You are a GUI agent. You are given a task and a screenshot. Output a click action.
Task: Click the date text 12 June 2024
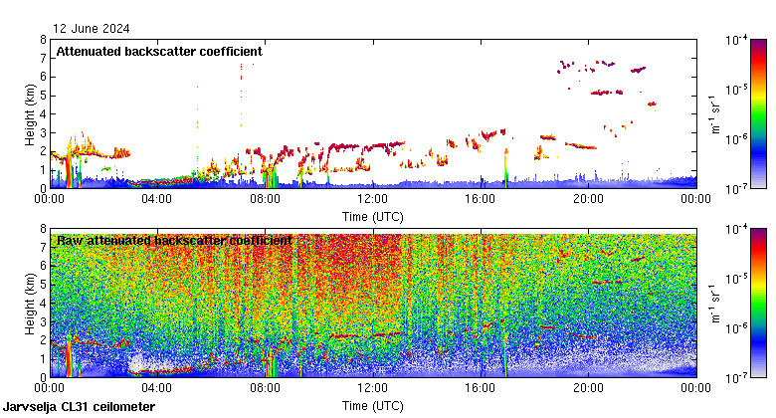[92, 28]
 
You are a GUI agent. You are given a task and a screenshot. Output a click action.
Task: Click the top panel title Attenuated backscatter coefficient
[159, 51]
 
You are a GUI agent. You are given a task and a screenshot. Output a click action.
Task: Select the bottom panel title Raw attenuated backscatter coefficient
[174, 240]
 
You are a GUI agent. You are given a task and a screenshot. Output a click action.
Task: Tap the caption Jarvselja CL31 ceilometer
[80, 407]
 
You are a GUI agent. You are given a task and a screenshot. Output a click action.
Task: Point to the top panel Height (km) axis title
[30, 113]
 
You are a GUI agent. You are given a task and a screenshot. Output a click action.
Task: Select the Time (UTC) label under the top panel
[373, 216]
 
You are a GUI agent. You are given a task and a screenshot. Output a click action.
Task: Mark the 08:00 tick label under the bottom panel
[266, 389]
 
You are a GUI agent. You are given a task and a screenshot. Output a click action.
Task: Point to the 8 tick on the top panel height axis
[43, 40]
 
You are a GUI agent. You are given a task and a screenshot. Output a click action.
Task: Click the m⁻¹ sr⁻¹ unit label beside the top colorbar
[716, 114]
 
